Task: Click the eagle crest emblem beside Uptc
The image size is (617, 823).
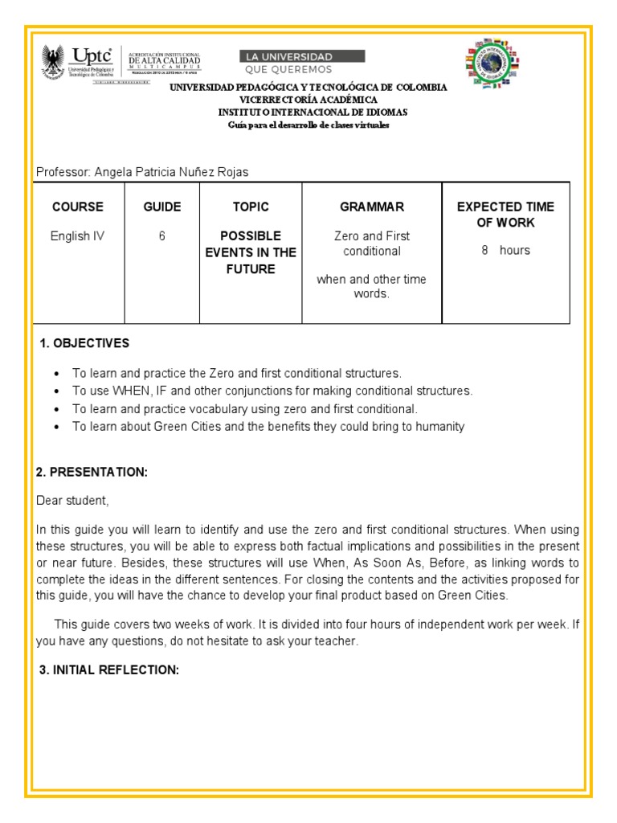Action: [52, 62]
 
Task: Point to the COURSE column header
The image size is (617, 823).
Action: [78, 207]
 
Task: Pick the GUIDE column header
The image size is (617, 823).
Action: [161, 207]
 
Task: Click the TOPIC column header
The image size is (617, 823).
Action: [251, 207]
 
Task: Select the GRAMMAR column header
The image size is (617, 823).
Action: [371, 207]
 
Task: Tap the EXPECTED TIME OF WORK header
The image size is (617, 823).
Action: [505, 215]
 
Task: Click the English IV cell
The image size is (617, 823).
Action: [78, 236]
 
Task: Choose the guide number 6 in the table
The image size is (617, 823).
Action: [161, 236]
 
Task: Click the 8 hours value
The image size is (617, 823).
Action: [505, 250]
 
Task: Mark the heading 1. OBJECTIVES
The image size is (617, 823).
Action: [84, 343]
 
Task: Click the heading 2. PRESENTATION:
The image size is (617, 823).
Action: [92, 472]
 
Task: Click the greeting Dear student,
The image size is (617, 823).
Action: [72, 501]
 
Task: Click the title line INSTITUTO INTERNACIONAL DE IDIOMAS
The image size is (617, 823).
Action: [313, 113]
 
